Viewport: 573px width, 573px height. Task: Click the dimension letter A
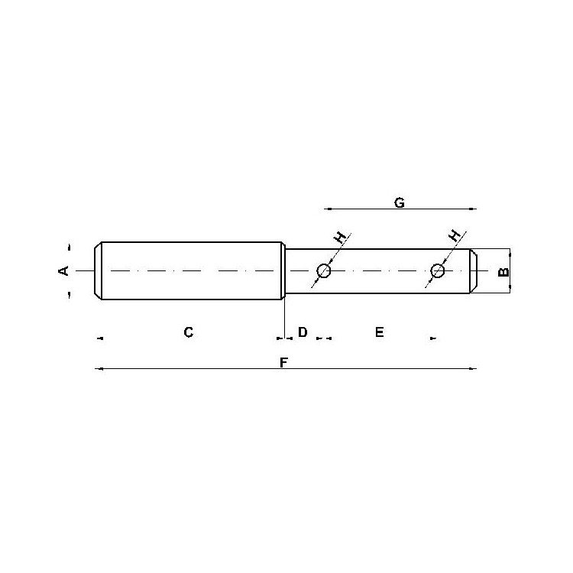point(64,270)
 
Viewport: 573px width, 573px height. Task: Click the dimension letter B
point(503,271)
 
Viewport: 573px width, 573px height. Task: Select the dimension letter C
point(188,332)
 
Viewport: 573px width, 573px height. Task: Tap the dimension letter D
point(303,332)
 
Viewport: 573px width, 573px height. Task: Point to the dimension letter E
point(379,332)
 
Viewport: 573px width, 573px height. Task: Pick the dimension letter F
point(283,362)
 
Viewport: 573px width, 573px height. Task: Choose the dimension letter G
point(399,202)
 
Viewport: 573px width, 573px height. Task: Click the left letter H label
point(340,238)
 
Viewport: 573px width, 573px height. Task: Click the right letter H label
point(455,236)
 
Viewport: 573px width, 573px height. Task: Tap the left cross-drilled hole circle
point(324,271)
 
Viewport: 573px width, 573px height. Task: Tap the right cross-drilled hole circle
point(438,271)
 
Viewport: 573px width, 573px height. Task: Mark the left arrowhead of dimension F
point(98,369)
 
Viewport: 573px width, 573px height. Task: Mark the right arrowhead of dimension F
point(474,369)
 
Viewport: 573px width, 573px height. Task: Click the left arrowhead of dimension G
point(327,208)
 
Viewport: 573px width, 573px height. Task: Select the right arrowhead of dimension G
point(474,208)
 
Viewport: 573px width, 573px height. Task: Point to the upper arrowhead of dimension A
point(69,247)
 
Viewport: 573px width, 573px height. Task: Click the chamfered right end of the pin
point(474,271)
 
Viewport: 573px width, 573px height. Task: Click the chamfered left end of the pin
point(98,271)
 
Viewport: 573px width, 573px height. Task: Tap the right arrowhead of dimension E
point(433,338)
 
